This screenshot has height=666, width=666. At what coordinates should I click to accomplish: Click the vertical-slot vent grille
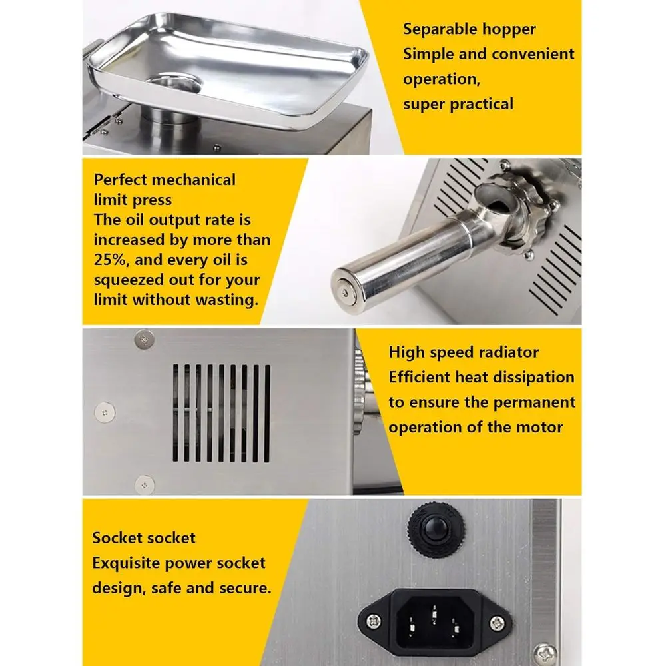222,413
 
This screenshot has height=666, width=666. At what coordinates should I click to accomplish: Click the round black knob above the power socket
433,525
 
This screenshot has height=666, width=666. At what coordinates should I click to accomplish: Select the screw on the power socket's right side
496,621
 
